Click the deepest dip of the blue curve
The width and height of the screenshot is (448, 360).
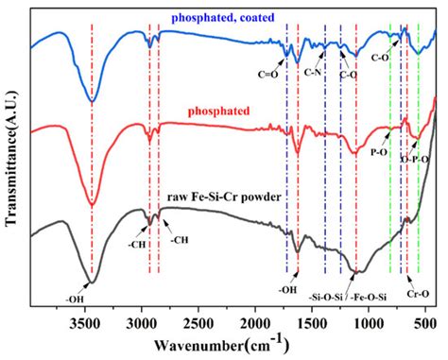click(92, 100)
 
